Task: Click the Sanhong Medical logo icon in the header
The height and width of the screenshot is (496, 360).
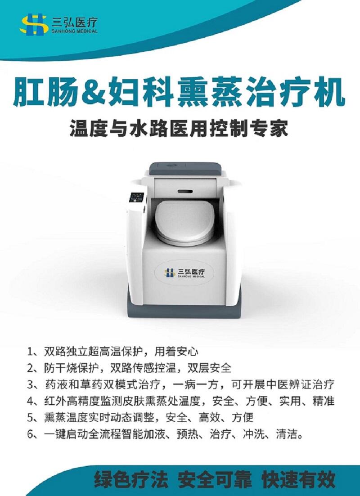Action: [x=34, y=24]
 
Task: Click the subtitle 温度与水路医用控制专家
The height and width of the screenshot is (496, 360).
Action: [x=179, y=128]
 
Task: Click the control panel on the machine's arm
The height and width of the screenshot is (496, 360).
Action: [x=136, y=198]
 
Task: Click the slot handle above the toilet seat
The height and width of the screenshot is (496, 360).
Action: [x=185, y=192]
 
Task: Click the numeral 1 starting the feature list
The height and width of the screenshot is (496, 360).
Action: [x=30, y=352]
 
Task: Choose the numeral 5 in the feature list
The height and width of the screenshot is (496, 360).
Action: [x=31, y=418]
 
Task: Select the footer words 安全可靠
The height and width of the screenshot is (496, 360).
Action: [x=215, y=480]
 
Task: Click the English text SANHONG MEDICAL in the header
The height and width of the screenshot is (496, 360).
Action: [x=74, y=31]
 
